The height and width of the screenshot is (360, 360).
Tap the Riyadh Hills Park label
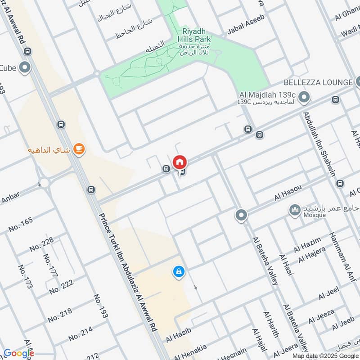[197, 36]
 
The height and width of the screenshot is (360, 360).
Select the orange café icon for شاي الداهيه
[79, 149]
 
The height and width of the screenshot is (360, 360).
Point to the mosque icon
[295, 210]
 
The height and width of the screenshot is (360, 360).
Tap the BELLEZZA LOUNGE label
[318, 82]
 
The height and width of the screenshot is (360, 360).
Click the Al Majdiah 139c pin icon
[305, 96]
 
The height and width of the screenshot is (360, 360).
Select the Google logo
[18, 353]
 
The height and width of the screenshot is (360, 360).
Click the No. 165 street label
[21, 224]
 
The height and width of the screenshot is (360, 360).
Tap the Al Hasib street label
[179, 334]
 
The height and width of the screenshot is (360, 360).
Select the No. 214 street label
[81, 333]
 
